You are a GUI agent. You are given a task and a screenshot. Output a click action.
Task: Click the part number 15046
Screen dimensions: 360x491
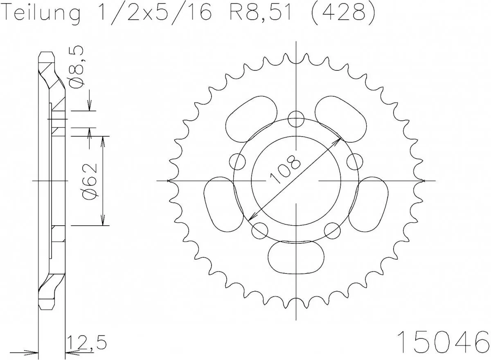coord(444,340)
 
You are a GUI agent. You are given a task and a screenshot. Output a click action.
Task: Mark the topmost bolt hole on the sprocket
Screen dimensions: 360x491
coord(296,120)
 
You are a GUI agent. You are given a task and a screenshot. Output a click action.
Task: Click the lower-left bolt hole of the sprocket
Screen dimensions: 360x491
coord(259,230)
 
